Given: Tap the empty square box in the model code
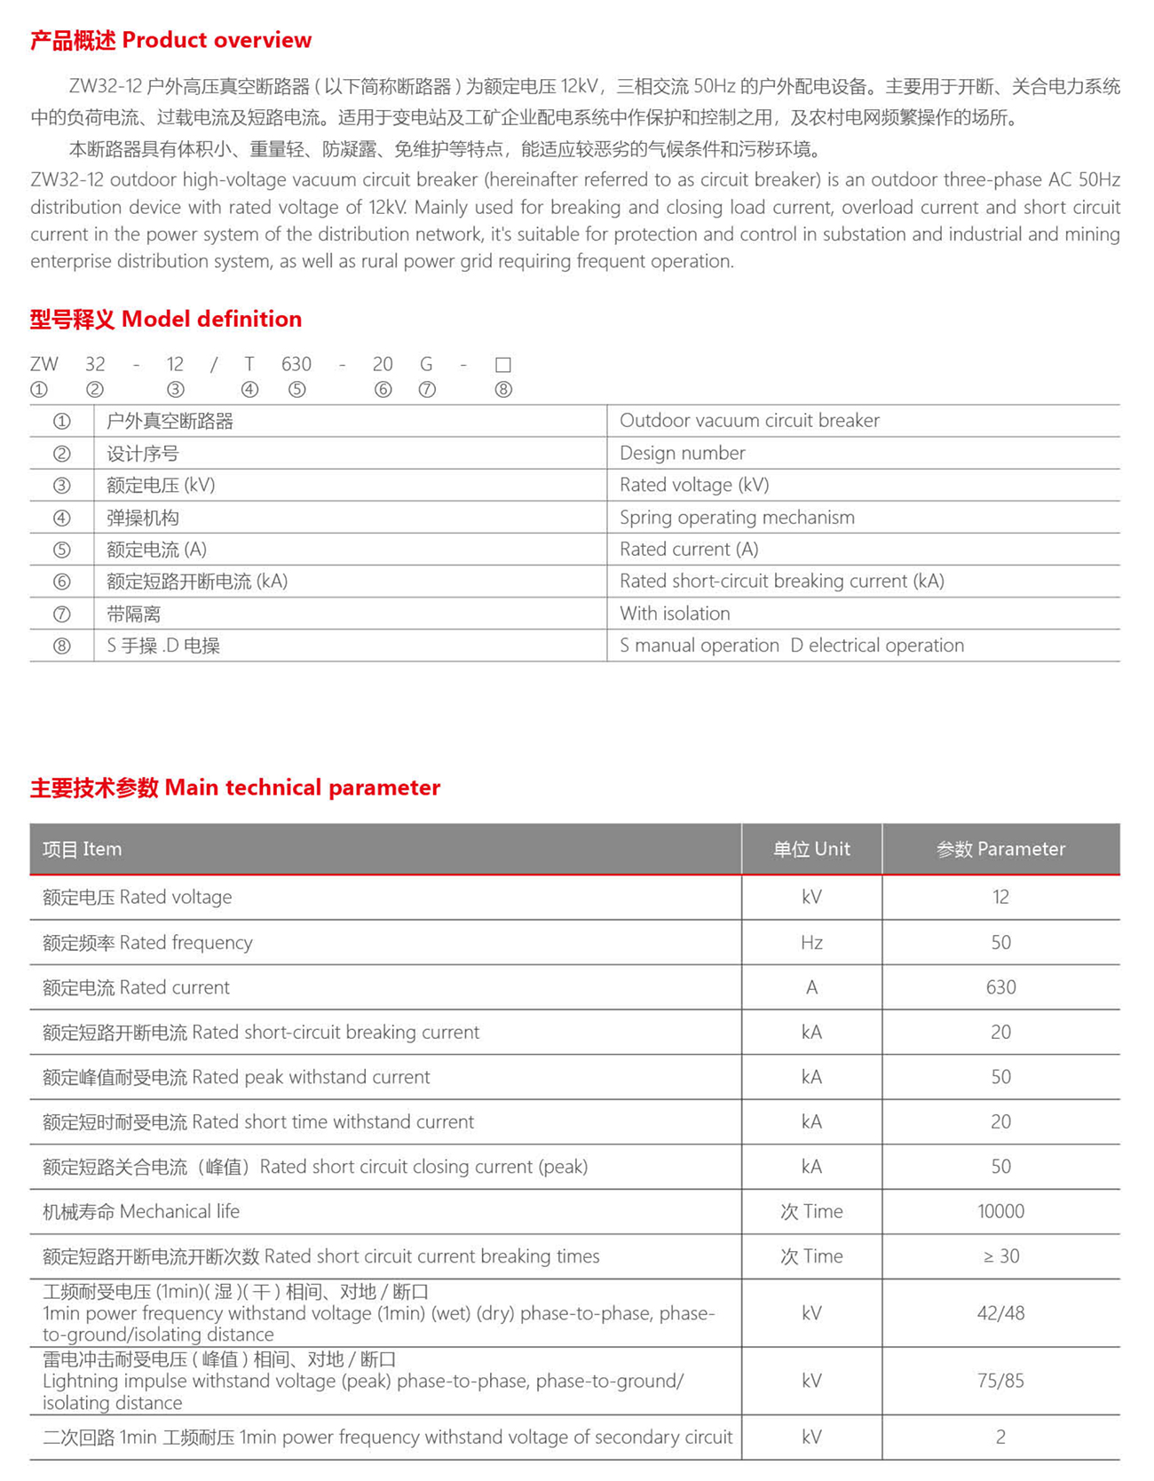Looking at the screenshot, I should tap(502, 365).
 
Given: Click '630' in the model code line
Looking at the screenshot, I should tap(296, 364).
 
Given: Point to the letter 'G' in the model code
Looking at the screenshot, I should tap(426, 364).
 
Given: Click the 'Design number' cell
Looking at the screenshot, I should tap(682, 453).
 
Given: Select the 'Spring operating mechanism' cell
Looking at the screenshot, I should tap(737, 517).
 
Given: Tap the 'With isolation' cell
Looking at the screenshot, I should tap(675, 614).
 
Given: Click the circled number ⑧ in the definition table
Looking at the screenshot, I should tap(61, 645).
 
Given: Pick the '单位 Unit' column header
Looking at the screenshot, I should tap(811, 849).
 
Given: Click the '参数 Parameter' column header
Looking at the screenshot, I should tap(1000, 849).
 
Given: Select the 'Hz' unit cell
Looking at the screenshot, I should tap(811, 942).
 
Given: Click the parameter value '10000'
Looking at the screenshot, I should tap(1000, 1211).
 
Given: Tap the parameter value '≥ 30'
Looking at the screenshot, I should tap(1000, 1256).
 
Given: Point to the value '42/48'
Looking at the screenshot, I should tap(1000, 1313).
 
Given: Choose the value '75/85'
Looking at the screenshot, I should tap(1000, 1381).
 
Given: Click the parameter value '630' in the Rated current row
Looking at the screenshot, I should tap(1000, 987).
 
